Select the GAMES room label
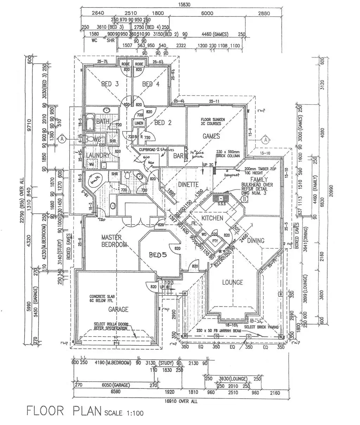coord(211,136)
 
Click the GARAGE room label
coord(118,309)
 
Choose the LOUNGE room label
coord(232,282)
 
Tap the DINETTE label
coord(188,185)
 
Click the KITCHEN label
coord(212,218)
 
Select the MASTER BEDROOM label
coord(114,241)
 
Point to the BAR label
coord(178,156)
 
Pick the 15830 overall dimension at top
coord(181,5)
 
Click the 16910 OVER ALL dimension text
coord(181,401)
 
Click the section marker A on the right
coord(265,140)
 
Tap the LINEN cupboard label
coord(139,123)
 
